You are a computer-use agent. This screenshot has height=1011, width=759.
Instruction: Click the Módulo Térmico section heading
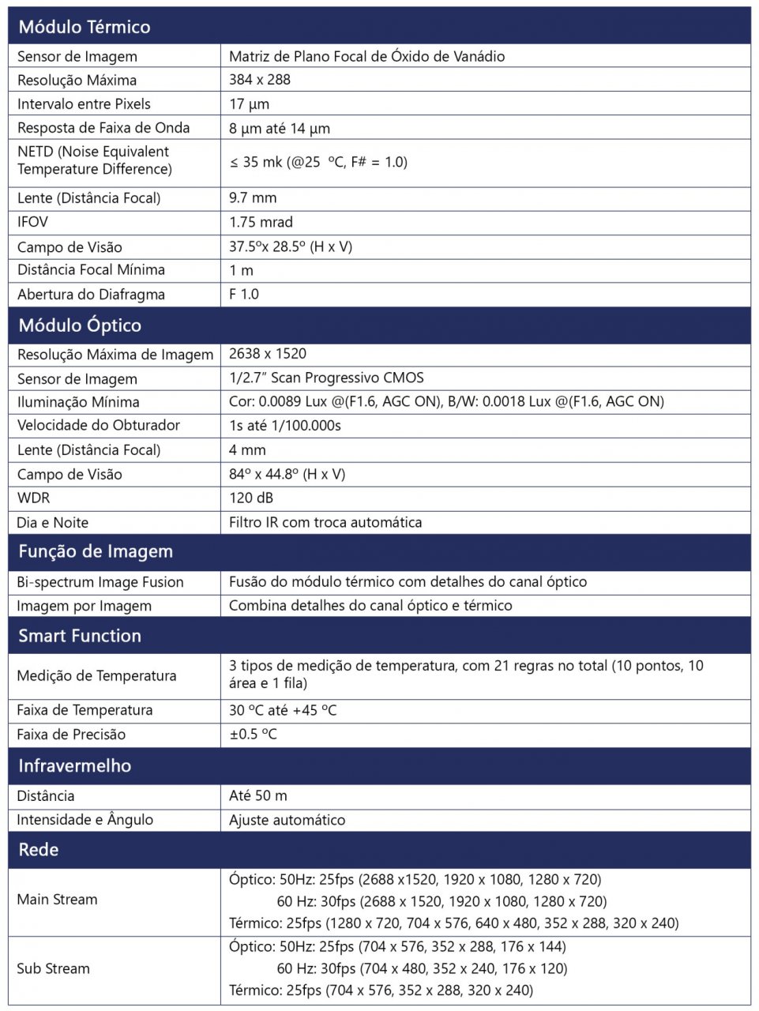coord(85,27)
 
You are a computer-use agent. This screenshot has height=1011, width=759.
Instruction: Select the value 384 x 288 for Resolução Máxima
coord(260,80)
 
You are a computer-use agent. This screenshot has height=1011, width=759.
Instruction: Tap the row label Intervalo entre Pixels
coord(84,104)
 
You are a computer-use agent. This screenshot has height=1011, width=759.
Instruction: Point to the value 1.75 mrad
coord(261,222)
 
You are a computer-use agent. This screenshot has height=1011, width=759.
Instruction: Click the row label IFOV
coord(32,222)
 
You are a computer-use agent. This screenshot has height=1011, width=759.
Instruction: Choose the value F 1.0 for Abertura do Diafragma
coord(244,294)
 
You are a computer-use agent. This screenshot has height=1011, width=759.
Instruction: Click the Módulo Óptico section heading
coord(80,325)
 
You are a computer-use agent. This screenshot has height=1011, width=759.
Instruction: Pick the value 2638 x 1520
coord(268,354)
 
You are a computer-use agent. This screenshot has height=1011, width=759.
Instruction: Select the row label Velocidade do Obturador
coord(99,425)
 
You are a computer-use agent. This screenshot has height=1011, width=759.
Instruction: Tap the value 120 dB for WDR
coord(251,498)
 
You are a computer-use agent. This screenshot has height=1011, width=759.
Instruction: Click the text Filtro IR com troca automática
coord(325,522)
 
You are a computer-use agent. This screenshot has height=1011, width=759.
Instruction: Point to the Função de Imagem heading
coord(96,551)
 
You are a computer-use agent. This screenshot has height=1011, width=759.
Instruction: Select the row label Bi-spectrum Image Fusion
coord(100,582)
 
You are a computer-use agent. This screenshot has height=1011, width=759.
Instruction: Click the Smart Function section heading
coord(80,636)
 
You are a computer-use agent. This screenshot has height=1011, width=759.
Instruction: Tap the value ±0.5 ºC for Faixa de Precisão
coord(253,734)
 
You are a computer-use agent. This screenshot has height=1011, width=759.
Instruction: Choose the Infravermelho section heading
coord(75,765)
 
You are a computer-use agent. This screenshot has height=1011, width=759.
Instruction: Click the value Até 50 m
coord(258,795)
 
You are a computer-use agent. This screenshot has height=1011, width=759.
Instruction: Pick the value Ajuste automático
coord(287,820)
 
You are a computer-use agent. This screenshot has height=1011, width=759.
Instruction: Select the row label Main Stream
coord(57,900)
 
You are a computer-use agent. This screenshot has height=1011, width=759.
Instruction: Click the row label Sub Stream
coord(53,968)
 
